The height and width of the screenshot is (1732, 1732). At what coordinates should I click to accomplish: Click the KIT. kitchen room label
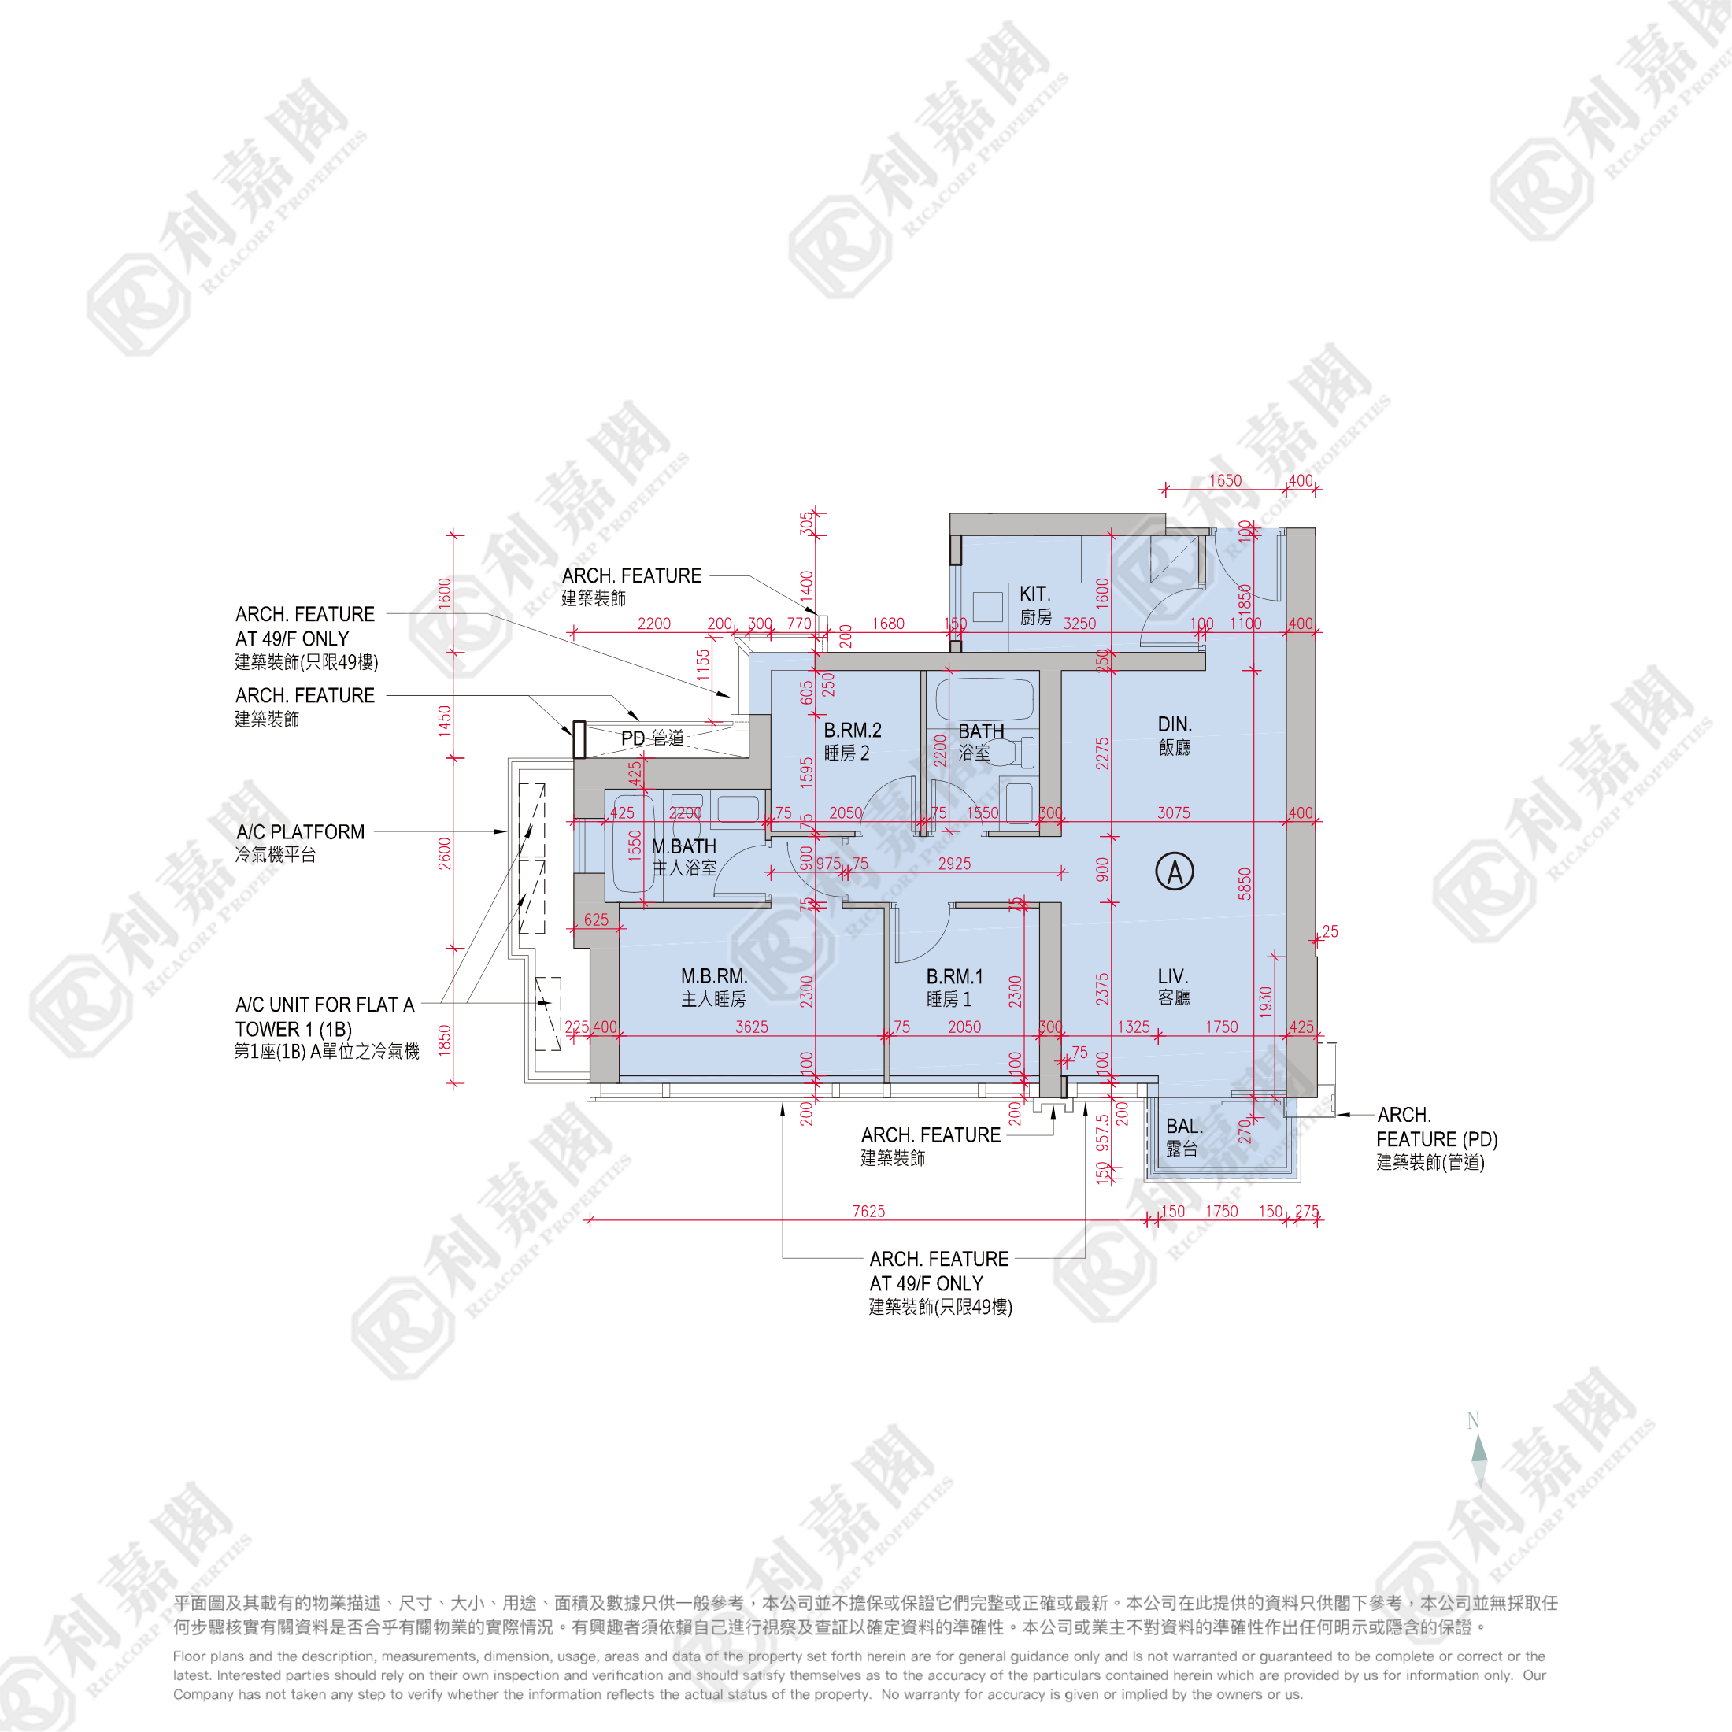coord(1035,605)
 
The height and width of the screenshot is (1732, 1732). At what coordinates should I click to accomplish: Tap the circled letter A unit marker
coord(1175,872)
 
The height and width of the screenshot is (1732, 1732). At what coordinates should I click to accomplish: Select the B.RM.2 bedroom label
coord(852,742)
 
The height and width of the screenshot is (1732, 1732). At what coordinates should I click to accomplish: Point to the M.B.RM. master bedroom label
coord(713,987)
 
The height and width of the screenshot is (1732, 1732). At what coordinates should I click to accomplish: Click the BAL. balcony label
coord(1183,1137)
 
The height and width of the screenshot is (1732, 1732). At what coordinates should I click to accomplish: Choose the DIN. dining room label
coord(1175,735)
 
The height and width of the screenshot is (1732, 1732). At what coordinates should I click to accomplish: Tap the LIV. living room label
coord(1172,986)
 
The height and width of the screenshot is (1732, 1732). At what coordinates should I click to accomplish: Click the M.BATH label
coord(684,856)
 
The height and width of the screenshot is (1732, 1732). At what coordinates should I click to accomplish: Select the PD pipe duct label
coord(653,738)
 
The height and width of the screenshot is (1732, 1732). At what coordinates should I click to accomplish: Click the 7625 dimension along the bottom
coord(868,1211)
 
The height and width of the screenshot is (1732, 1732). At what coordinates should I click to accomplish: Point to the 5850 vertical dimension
coord(1245,884)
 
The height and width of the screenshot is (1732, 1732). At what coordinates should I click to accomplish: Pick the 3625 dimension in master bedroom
coord(751,1027)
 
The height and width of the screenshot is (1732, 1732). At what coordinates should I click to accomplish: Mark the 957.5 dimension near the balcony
coord(1103,1132)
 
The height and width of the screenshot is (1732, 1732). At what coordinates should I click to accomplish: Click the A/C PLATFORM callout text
coord(300,842)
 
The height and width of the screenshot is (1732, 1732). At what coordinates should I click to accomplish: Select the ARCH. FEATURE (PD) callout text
coord(1436,1138)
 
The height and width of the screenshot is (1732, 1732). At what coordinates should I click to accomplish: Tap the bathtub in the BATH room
coord(984,699)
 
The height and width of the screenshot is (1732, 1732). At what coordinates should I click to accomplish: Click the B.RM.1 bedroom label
coord(954,987)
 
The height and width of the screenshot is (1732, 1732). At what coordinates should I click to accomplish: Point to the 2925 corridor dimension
coord(954,864)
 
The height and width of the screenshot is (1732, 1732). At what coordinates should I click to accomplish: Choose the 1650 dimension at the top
coord(1224,480)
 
